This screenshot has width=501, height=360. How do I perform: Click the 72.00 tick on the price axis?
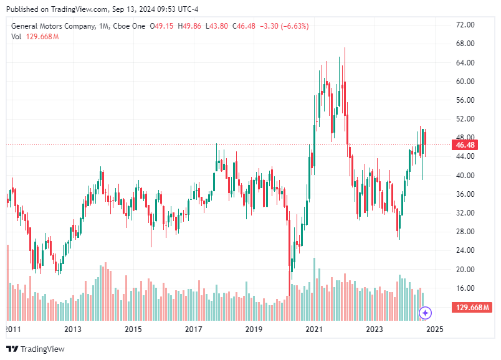465,25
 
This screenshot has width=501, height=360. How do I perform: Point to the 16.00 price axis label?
465,288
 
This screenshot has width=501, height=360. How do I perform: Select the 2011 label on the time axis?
13,329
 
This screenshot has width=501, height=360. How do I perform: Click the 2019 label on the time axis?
253,329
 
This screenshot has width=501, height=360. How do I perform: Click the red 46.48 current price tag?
466,145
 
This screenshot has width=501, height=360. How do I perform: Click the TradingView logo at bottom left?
36,349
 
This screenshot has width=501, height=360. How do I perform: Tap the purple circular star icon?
425,313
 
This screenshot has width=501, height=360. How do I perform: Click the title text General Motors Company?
53,26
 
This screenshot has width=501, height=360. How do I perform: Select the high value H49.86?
189,26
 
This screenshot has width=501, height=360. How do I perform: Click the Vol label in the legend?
16,37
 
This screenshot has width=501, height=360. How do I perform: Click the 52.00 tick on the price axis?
465,119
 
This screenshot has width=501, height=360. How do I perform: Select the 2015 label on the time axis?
133,329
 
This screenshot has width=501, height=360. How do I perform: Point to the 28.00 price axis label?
465,232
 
